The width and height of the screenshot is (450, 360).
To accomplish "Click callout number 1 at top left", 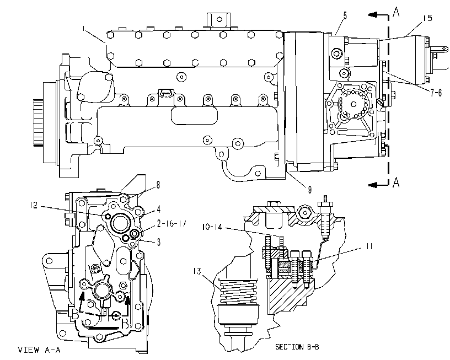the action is coord(83,29).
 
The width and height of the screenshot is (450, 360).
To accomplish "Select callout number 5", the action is coord(345,15).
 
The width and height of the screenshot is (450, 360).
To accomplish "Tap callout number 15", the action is coord(427,18).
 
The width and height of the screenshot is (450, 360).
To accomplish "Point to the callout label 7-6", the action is coord(436,93).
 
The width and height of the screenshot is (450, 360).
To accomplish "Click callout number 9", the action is coord(310,189).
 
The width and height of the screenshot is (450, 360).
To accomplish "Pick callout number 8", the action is coord(158,185).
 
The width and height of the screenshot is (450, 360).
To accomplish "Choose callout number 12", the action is coord(34,205).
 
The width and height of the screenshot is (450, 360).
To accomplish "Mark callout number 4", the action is coord(158,209).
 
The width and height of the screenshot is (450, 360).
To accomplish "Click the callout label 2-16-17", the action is coord(172,223).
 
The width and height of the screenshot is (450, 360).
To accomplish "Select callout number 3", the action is coord(158,243).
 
